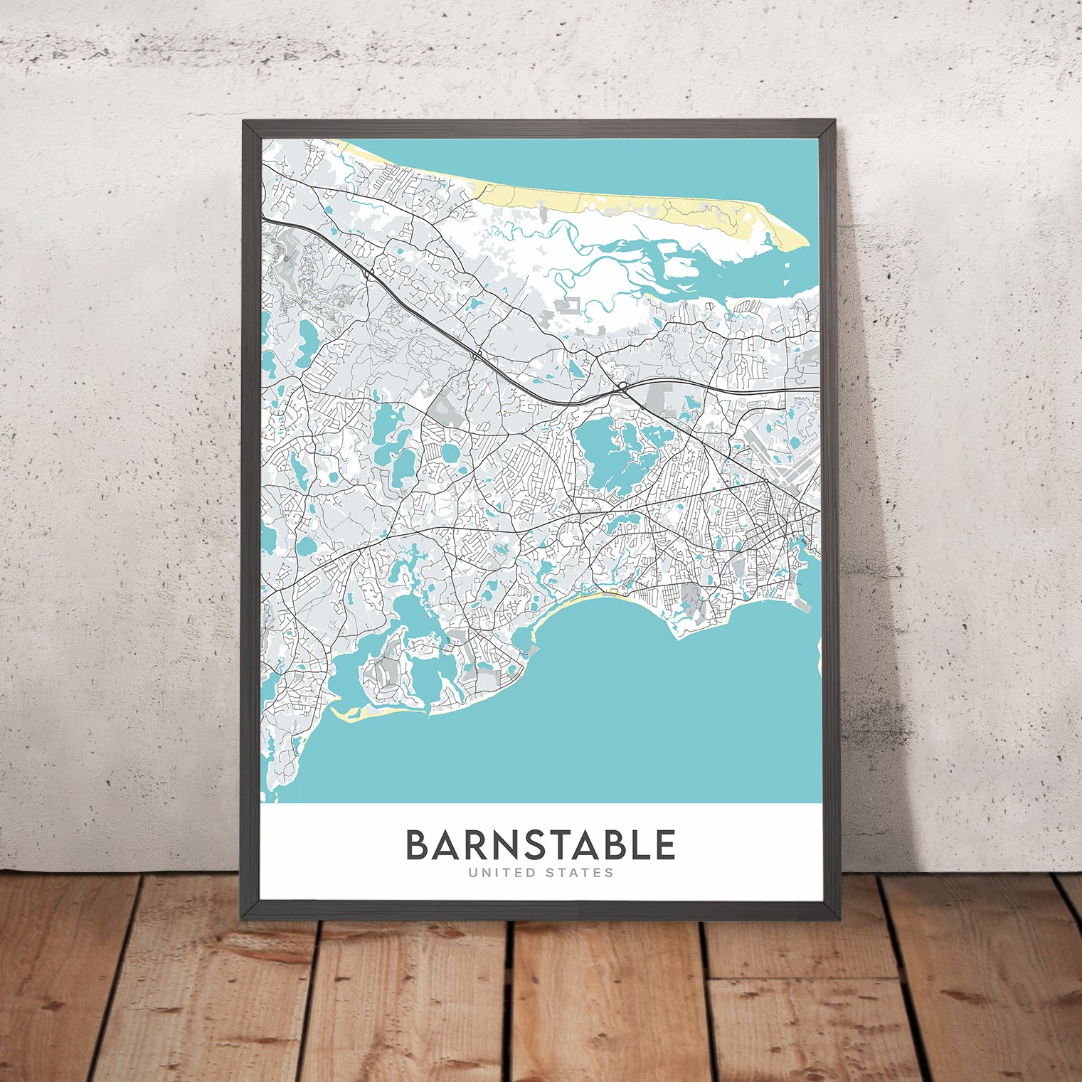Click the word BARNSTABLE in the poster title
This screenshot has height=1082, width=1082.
pos(540,845)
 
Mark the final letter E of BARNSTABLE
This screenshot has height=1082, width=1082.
pos(664,845)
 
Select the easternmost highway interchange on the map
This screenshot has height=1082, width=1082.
pos(622,387)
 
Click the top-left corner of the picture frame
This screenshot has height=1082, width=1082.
pos(243,122)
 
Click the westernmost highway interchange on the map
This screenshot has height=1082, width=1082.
pos(368,272)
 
